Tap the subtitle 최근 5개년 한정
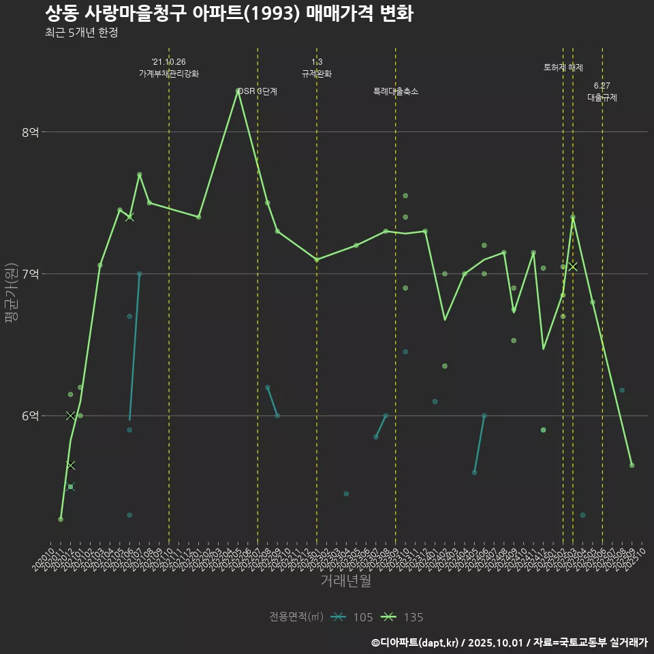(81, 33)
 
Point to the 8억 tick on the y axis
(30, 132)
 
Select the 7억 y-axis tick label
(30, 274)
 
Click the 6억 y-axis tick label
(30, 416)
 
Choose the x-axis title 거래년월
(345, 581)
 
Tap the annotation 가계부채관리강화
(169, 74)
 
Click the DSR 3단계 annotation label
(258, 91)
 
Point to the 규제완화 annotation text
(317, 74)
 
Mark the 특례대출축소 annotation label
(396, 91)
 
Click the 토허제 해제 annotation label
(563, 67)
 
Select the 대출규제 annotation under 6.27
(602, 97)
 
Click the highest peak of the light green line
(238, 91)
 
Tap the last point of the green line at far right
(632, 465)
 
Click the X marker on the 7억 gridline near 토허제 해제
(573, 266)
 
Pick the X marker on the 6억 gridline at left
(70, 416)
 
